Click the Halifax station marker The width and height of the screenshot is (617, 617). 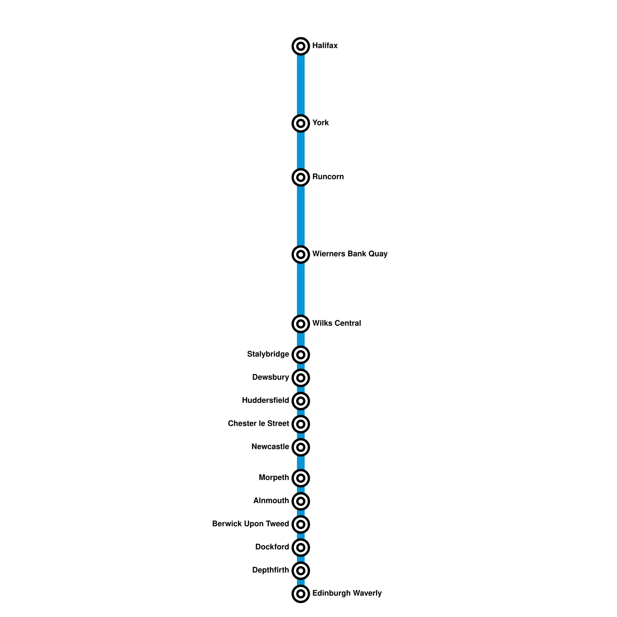tap(301, 46)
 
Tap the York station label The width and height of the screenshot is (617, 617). tap(320, 123)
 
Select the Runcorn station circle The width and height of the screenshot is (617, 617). tap(301, 177)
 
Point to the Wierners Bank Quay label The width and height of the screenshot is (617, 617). tap(350, 254)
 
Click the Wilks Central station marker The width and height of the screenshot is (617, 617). tap(301, 324)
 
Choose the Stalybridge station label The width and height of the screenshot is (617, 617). tap(268, 354)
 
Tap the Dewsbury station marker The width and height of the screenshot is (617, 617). tap(301, 378)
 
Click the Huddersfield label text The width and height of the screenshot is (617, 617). tap(265, 401)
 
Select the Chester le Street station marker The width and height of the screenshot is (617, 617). tap(301, 424)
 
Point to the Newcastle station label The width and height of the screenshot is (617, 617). tap(270, 447)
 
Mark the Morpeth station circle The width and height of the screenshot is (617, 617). tap(301, 478)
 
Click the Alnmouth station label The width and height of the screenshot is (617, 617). tap(271, 501)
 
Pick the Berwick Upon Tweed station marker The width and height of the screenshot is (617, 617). tap(301, 524)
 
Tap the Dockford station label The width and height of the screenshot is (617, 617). tap(272, 547)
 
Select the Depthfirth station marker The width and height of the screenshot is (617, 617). tap(301, 571)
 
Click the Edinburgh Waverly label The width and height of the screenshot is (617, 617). tap(347, 593)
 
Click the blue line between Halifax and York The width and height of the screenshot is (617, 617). tap(301, 85)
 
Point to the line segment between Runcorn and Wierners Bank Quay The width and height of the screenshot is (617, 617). tap(301, 216)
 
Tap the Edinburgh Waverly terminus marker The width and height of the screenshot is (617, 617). tap(301, 594)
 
